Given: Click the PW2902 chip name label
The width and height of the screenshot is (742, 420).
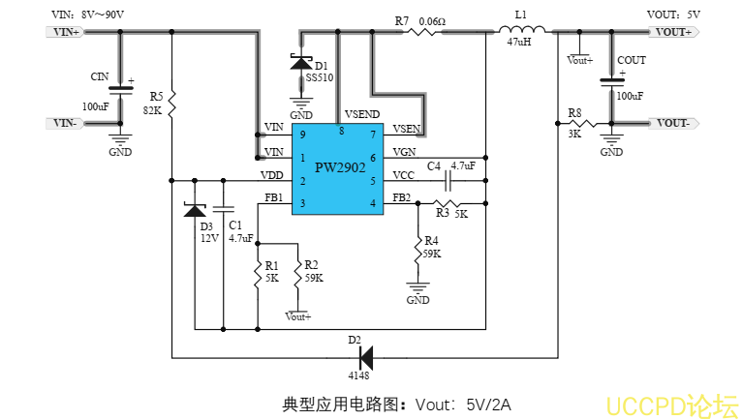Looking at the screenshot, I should tap(339, 166).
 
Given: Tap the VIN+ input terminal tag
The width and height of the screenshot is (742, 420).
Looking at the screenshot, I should tap(67, 32).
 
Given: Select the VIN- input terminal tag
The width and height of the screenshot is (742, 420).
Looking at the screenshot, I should tap(66, 123).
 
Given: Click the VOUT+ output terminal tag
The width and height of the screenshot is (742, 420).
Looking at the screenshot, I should tap(672, 32).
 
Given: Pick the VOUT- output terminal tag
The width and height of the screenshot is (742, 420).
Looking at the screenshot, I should tap(672, 123).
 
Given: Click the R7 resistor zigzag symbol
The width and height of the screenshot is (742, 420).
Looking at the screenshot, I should tap(422, 32).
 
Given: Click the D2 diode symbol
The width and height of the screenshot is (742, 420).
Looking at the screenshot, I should tap(364, 358).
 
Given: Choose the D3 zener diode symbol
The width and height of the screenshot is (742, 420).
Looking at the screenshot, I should tap(196, 210).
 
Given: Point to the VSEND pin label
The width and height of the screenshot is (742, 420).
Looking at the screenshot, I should tap(361, 114).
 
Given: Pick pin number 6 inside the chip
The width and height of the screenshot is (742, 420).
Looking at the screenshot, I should tap(373, 158).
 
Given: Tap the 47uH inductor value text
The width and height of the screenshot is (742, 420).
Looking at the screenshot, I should tap(518, 43).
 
